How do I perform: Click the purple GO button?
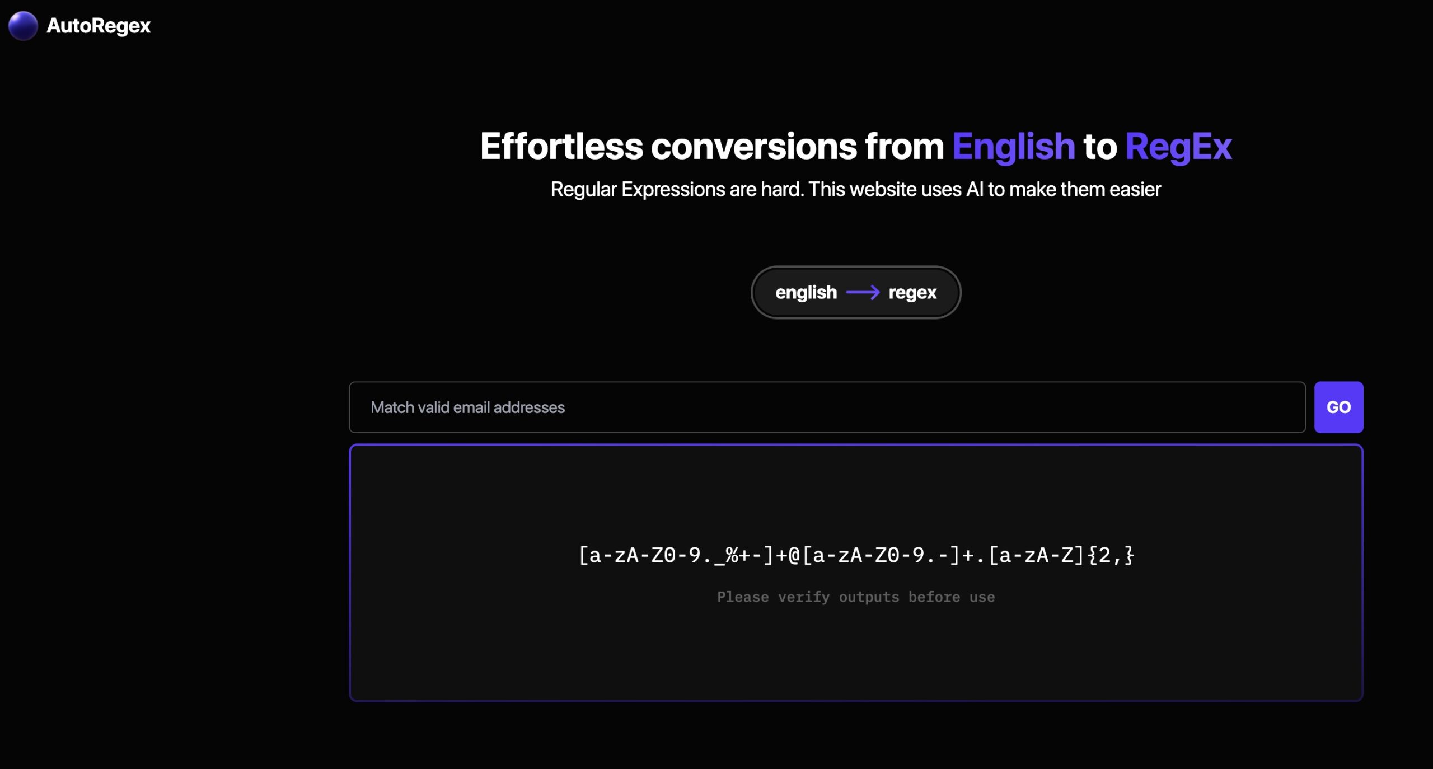click(1338, 407)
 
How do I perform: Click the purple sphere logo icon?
click(23, 26)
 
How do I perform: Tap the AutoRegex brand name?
click(99, 26)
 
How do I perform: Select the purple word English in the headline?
click(1013, 146)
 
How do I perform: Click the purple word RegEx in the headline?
click(1178, 147)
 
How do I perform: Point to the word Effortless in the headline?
click(561, 146)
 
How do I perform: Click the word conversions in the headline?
click(753, 147)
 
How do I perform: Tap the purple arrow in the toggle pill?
click(863, 292)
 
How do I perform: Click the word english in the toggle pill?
click(806, 292)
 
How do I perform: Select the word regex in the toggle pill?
click(912, 293)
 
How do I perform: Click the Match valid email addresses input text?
click(467, 407)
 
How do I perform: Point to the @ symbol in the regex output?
click(794, 555)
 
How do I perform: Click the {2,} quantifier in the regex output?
click(1111, 555)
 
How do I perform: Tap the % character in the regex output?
click(732, 555)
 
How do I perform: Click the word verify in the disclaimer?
click(804, 597)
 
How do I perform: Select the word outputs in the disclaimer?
click(869, 598)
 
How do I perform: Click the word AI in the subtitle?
click(975, 189)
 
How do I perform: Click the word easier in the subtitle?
click(1135, 189)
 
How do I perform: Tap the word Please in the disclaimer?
click(743, 597)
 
